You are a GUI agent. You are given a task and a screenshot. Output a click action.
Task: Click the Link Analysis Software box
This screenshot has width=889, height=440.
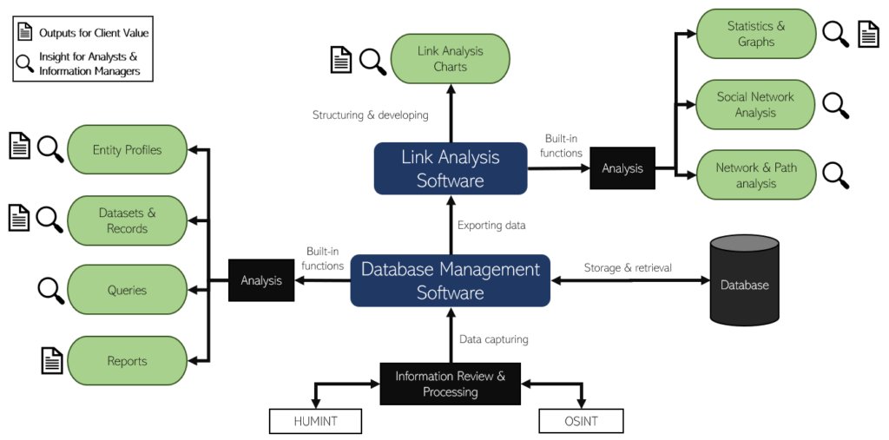[x=450, y=168]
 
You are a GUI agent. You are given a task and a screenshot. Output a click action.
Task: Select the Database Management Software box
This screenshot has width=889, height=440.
[x=450, y=280]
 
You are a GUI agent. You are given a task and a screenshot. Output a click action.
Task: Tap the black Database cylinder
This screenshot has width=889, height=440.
[x=744, y=279]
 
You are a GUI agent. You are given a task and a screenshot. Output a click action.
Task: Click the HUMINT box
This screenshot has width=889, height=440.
[x=314, y=422]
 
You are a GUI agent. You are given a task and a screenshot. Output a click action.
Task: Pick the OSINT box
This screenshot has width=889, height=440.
[x=581, y=422]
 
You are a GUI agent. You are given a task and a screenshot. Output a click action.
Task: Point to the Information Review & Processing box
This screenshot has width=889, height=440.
[x=450, y=384]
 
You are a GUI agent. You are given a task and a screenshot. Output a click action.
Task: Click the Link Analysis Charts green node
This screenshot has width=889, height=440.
[x=450, y=58]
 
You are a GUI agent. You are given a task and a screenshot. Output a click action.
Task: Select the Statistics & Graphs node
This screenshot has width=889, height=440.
[x=755, y=34]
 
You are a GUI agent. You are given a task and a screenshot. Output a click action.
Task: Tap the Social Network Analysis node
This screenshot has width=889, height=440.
[x=755, y=104]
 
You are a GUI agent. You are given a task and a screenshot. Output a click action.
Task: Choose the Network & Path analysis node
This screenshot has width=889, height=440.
[x=755, y=175]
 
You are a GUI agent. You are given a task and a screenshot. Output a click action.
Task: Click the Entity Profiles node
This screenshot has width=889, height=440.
[x=127, y=149]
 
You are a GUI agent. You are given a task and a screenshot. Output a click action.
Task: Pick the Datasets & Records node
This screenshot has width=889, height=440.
[x=127, y=220]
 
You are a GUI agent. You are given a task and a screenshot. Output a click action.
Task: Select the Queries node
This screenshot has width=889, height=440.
[x=127, y=290]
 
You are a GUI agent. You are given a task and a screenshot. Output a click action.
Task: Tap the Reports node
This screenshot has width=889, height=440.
[x=127, y=361]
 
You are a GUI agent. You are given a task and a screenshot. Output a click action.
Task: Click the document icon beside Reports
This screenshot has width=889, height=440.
[x=52, y=359]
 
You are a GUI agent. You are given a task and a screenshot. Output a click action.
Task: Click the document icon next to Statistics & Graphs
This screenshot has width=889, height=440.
[x=868, y=34]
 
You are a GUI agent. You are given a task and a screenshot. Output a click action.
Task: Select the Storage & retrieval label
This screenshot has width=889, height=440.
[x=628, y=267]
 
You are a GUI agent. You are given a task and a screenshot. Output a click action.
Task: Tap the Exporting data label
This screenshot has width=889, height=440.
[x=491, y=226]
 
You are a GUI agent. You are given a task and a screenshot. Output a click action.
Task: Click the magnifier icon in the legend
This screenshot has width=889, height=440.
[x=25, y=63]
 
